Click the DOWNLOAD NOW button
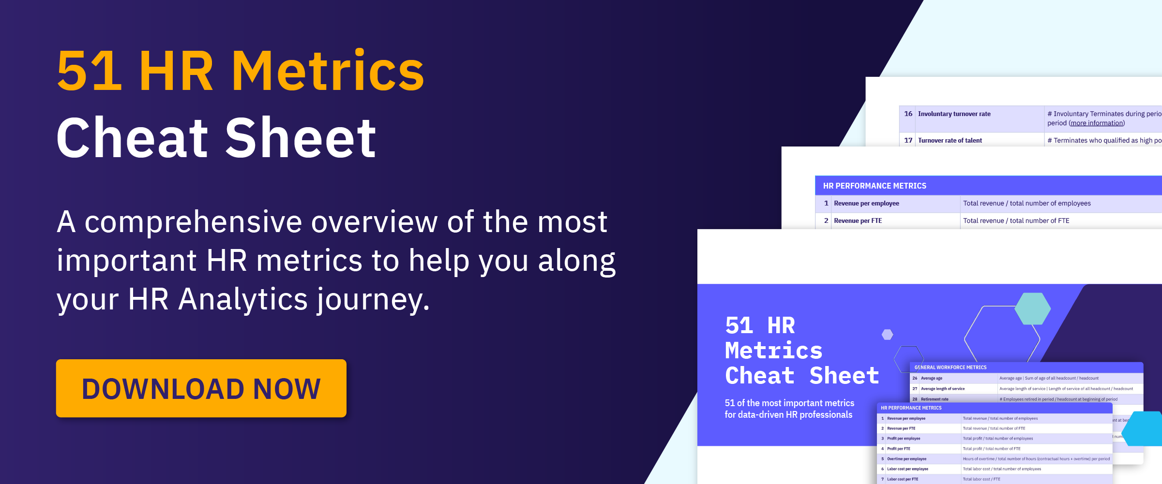201,388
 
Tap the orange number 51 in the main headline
89,72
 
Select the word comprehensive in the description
193,222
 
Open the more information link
1097,123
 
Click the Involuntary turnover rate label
954,114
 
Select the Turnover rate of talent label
950,141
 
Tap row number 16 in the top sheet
908,114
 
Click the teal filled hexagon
1032,308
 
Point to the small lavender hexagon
887,335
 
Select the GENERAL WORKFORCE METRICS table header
951,367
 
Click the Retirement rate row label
935,399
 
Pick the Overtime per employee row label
906,459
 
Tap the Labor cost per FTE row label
903,479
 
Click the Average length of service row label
943,389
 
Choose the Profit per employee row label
904,439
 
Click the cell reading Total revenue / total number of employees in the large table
1026,204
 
